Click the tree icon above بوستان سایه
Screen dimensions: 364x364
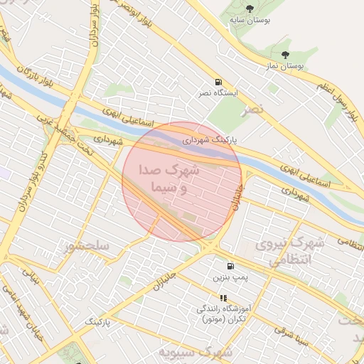coord(248,9)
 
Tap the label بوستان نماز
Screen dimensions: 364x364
coord(286,65)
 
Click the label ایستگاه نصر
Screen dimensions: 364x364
coord(218,93)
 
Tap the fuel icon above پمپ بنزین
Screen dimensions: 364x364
coord(230,267)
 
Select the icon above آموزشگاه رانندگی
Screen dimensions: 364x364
coord(223,299)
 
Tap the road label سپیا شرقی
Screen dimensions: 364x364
coord(291,340)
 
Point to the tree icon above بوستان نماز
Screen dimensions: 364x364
coord(286,54)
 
